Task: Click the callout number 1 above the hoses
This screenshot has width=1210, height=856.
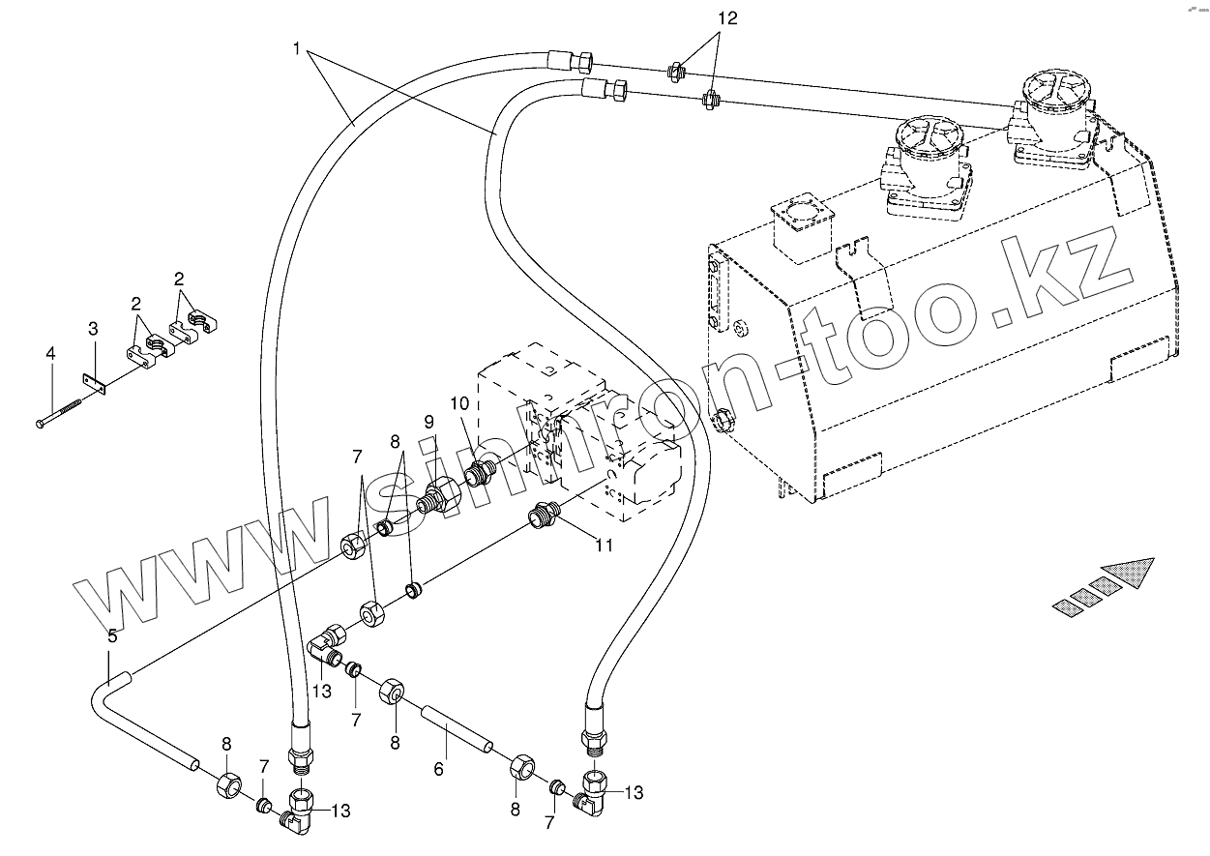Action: pos(297,46)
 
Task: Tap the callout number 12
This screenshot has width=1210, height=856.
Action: pos(727,18)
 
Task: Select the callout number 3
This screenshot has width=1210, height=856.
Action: pos(93,329)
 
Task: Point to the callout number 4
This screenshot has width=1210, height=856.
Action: pos(50,355)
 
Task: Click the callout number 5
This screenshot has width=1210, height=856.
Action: pos(112,635)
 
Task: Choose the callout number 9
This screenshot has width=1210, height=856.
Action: pos(429,422)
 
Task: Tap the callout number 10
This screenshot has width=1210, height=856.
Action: pos(458,402)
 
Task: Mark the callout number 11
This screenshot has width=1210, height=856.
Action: pos(604,546)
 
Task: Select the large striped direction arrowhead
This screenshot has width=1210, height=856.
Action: pos(1133,573)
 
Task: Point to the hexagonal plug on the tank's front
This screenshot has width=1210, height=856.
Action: pos(721,421)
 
